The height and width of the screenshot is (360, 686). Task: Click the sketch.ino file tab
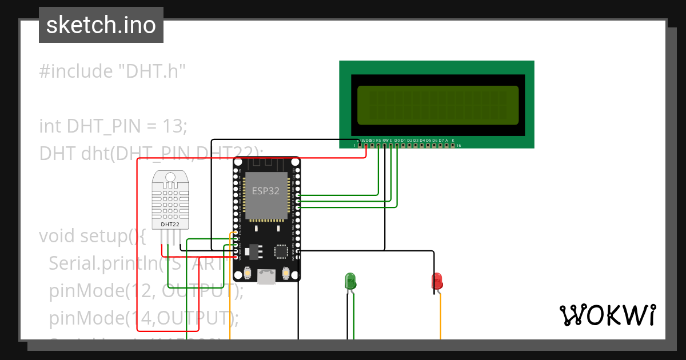click(101, 25)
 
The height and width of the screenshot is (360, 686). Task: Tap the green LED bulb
click(350, 281)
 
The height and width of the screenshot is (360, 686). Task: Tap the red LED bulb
click(437, 281)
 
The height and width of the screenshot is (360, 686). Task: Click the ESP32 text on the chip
click(266, 191)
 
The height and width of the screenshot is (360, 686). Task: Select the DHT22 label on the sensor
click(170, 225)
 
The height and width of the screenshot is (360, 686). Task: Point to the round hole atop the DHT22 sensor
click(170, 178)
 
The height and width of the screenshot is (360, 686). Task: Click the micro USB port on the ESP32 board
click(266, 277)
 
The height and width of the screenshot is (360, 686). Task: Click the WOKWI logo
click(607, 315)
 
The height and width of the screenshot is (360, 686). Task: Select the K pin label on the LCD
click(453, 140)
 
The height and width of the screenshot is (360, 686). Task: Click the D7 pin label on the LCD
click(441, 140)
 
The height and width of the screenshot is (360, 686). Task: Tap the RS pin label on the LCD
click(378, 140)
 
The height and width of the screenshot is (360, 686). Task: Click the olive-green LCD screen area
click(438, 105)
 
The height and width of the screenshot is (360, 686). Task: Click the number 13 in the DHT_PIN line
click(174, 126)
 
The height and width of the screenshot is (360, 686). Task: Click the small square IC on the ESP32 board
click(281, 251)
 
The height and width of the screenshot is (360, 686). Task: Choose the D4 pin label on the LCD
click(422, 140)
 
